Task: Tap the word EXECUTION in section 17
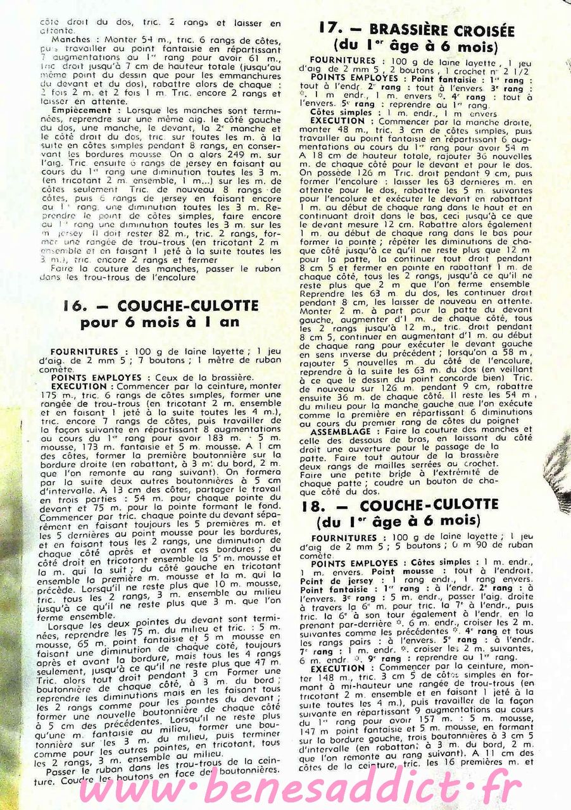pos(337,120)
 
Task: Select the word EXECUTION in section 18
pos(337,668)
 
